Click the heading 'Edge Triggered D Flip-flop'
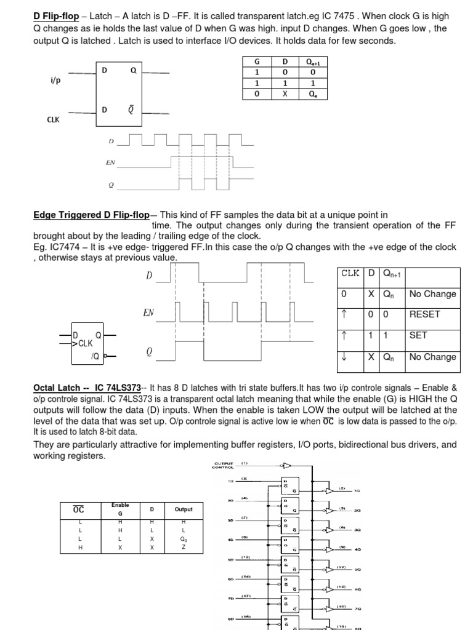[91, 215]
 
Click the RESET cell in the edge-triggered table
[424, 314]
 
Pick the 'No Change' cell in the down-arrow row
[432, 356]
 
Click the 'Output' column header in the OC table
[184, 509]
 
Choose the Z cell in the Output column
[184, 546]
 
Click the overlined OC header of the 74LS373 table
[79, 509]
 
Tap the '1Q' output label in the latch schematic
[357, 491]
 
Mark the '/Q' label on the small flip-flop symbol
[95, 356]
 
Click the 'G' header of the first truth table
[257, 62]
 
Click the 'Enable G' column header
[120, 509]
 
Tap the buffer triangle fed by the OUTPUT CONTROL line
[287, 465]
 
